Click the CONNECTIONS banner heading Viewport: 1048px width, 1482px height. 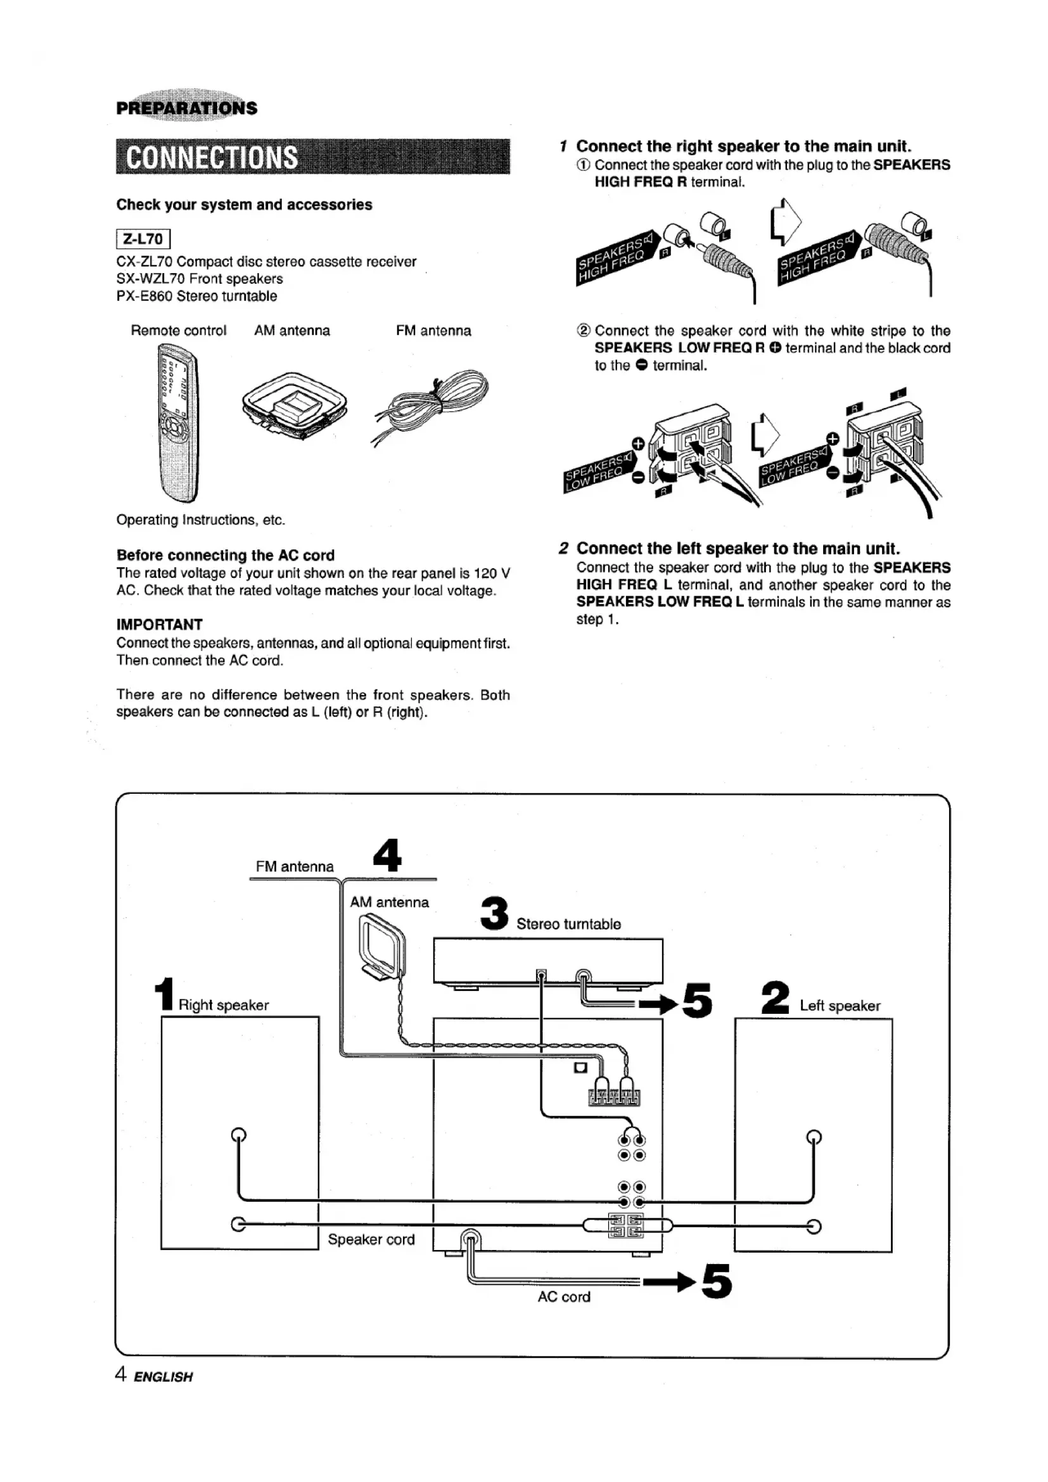(212, 158)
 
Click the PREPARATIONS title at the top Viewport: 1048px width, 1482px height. (186, 108)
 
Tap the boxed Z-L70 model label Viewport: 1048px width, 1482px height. (143, 240)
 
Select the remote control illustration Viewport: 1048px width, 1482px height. (178, 423)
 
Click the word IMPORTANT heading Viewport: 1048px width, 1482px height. (160, 624)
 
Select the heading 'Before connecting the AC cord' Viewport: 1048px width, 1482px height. (225, 555)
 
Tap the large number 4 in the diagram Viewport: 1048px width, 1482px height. (387, 855)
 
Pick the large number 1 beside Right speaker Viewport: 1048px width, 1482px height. (166, 995)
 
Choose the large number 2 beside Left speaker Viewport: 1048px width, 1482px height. (775, 998)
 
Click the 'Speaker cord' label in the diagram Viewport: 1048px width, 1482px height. (371, 1239)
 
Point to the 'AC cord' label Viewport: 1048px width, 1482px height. (564, 1297)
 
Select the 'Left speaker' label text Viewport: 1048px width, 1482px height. (840, 1006)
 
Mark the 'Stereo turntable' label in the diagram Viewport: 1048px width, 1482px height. (568, 924)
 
